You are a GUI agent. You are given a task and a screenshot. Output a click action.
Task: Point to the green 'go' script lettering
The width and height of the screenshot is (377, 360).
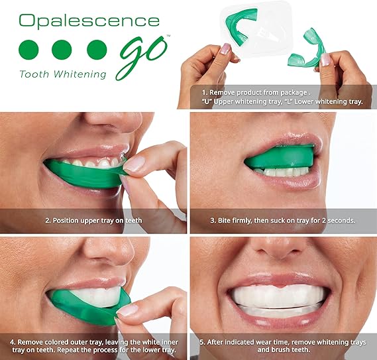click(141, 54)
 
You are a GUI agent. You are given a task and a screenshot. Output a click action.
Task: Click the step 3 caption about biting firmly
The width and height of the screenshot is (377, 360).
click(283, 219)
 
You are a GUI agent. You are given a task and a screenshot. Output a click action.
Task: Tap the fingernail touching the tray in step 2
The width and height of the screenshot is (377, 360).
click(134, 164)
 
